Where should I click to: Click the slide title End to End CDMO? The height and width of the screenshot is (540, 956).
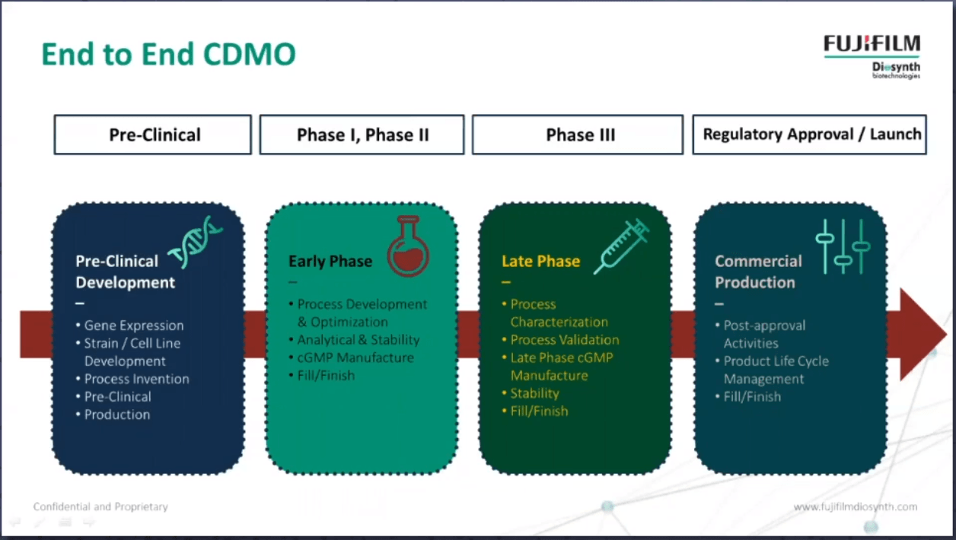click(168, 54)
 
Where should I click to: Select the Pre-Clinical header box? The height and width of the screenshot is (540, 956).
click(153, 135)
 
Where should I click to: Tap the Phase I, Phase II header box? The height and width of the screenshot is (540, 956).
click(362, 135)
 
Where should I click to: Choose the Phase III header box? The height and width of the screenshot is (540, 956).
click(578, 135)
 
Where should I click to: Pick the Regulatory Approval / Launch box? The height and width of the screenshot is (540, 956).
click(810, 135)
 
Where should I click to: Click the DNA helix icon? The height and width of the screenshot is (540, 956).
click(195, 243)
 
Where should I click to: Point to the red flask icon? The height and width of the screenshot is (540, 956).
click(409, 246)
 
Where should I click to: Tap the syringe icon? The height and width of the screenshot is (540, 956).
click(622, 246)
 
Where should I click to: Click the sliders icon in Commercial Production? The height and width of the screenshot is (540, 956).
click(843, 246)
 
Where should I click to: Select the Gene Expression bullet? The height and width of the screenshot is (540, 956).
click(129, 326)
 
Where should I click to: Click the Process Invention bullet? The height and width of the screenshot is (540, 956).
click(132, 379)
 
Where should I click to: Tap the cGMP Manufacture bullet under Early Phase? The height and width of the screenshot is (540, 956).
click(351, 357)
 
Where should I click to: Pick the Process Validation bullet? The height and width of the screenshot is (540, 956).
click(560, 339)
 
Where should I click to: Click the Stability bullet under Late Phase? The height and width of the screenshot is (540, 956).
click(531, 393)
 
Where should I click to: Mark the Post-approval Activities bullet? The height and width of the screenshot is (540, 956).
click(760, 335)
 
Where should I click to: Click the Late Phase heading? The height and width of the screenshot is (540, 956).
click(540, 261)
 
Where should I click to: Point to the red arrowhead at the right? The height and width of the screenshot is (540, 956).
click(922, 334)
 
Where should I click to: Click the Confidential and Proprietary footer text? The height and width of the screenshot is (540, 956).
click(100, 507)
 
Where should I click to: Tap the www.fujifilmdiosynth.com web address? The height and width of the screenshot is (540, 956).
click(856, 507)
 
